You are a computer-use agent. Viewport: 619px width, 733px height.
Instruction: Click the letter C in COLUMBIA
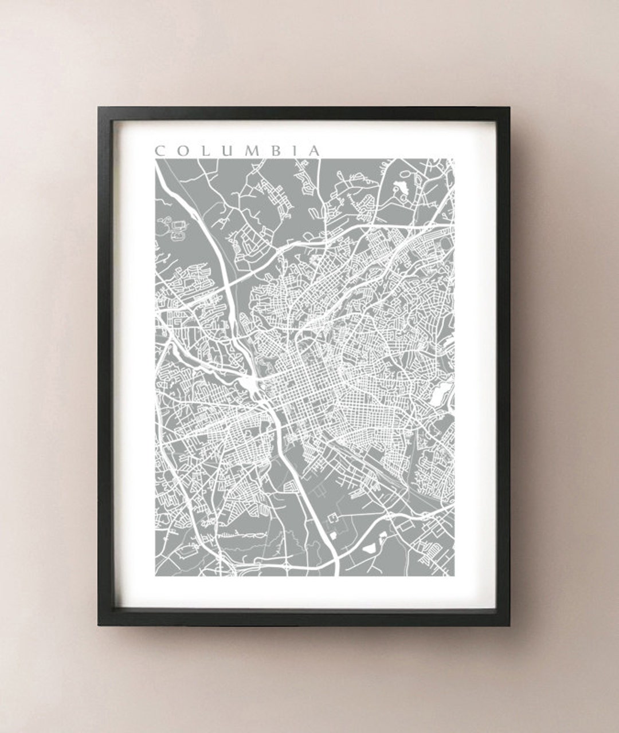(160, 151)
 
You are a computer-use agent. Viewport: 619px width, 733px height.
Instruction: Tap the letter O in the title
(182, 151)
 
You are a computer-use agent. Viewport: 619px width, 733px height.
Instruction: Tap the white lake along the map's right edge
(441, 393)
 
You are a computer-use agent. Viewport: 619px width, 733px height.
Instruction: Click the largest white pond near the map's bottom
(370, 547)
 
